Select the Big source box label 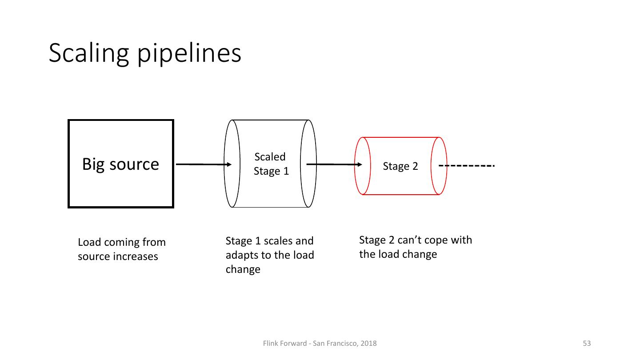click(x=120, y=164)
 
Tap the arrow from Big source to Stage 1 click(x=204, y=164)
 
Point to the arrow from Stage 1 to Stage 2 click(x=334, y=164)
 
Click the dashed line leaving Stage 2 click(x=467, y=166)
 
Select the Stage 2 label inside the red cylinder click(x=400, y=166)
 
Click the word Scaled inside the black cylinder click(x=270, y=157)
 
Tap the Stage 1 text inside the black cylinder click(x=271, y=171)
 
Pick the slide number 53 click(x=587, y=343)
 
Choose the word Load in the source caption click(x=89, y=243)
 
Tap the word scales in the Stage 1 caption click(x=280, y=241)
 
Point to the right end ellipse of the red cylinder click(x=439, y=166)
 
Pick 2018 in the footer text click(x=368, y=343)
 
